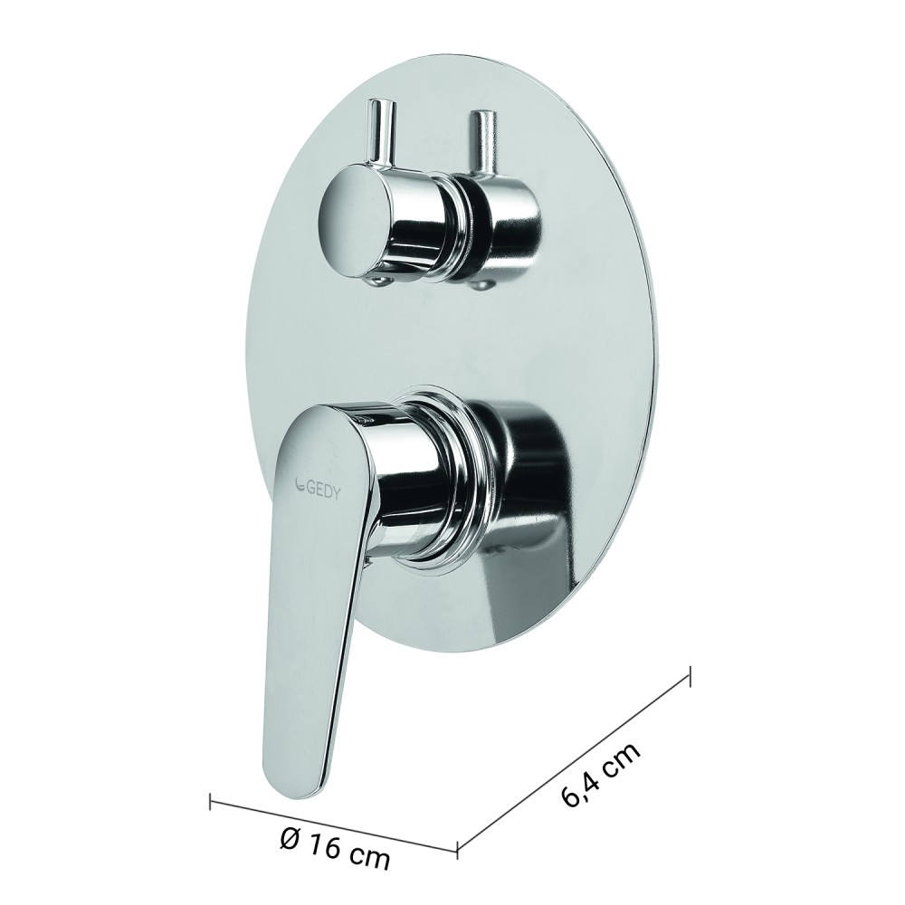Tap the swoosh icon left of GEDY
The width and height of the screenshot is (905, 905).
coord(300,482)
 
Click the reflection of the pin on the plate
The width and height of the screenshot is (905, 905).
coord(482,140)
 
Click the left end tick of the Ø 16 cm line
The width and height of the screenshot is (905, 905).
coord(211,802)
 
